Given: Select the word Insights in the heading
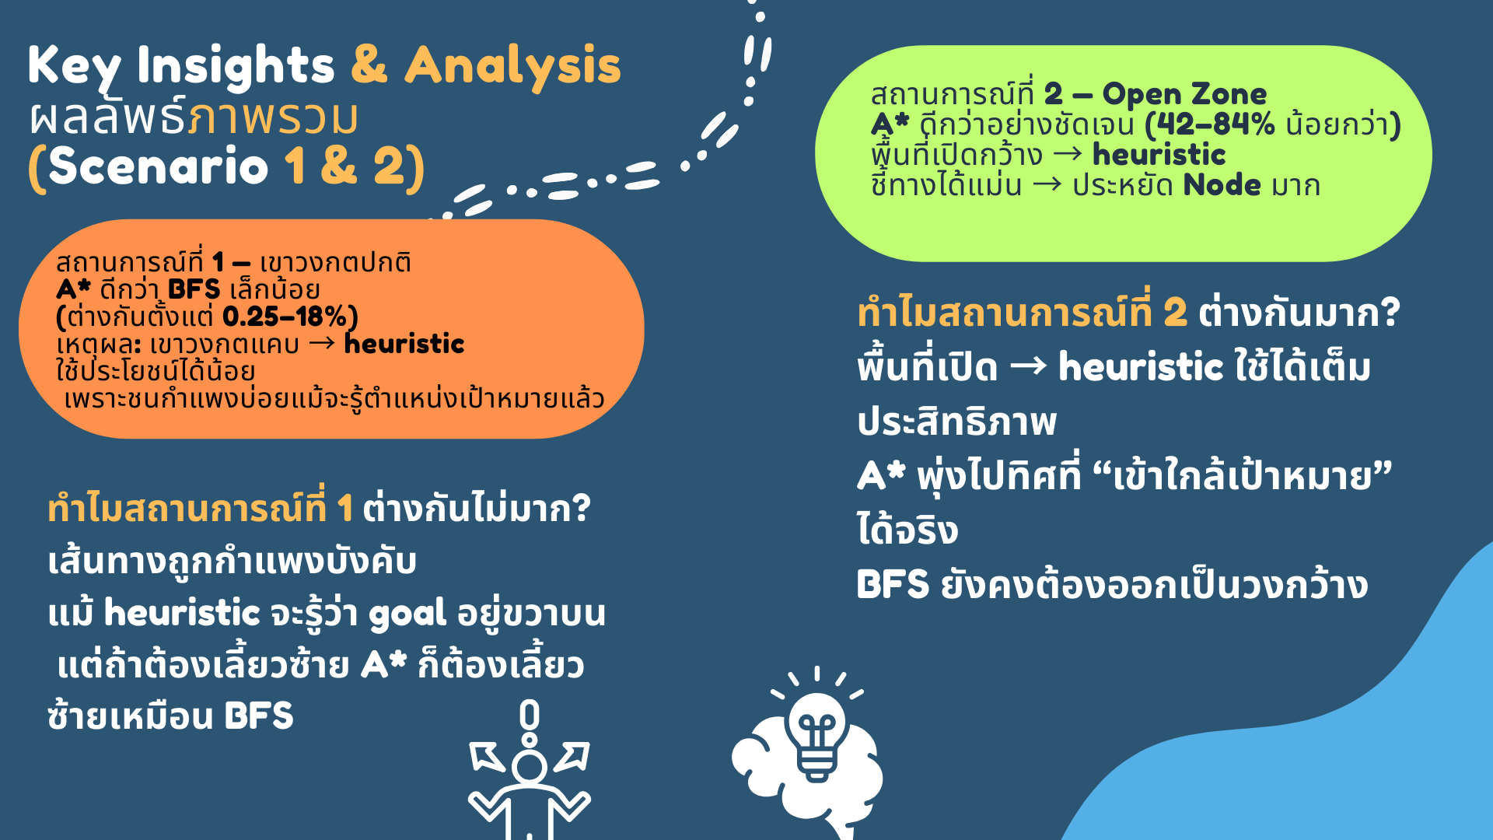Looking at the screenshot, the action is click(x=236, y=65).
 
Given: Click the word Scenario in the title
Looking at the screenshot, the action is click(x=159, y=166).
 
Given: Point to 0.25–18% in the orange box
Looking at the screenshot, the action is click(x=285, y=317).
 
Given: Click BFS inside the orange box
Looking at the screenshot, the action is click(x=194, y=289).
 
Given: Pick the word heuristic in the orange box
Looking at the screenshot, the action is click(x=404, y=343).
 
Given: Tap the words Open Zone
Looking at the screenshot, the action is click(x=1184, y=94).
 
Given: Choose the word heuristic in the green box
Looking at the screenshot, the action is click(x=1159, y=155).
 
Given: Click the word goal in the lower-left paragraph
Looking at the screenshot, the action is click(x=407, y=614).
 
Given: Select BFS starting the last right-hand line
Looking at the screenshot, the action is click(x=893, y=585).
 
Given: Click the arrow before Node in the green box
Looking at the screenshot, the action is click(x=1047, y=186).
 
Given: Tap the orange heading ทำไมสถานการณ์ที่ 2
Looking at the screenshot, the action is click(x=1023, y=313).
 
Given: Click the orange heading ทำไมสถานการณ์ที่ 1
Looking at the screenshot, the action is click(x=201, y=509).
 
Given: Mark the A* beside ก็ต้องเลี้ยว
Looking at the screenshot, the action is click(x=383, y=665).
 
